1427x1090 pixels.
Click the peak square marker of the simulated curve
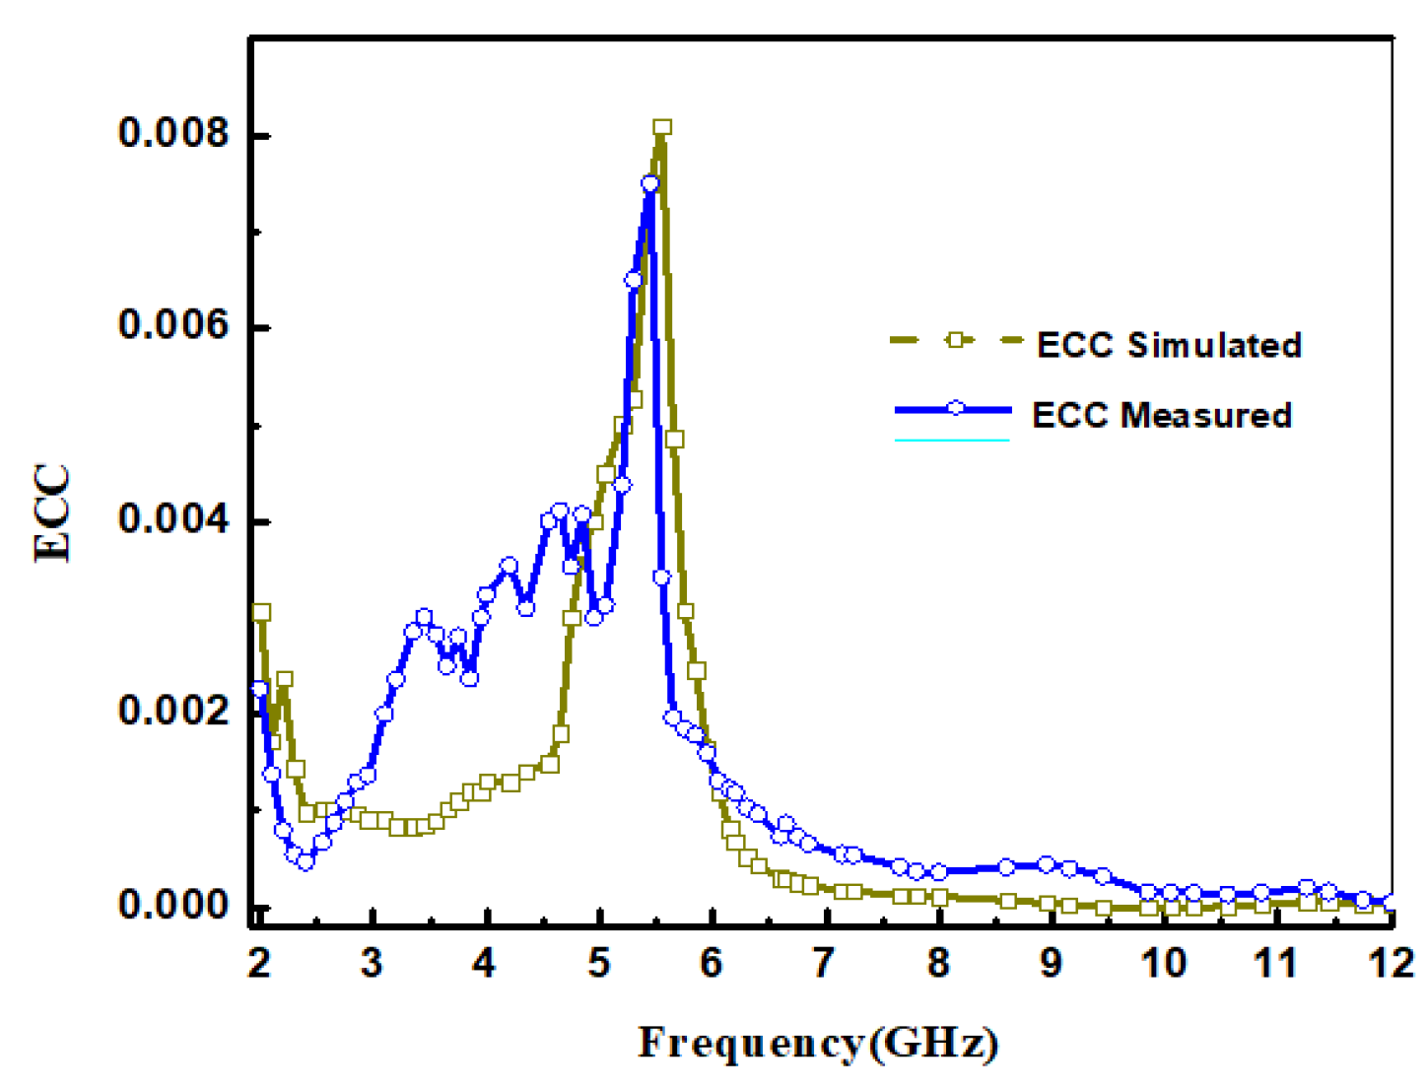point(662,127)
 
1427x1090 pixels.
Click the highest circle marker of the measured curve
point(649,183)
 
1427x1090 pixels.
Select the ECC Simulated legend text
point(1169,345)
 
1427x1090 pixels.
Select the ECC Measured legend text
point(1161,415)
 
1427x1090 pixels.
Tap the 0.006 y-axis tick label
point(173,325)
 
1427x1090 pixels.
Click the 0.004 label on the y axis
point(173,519)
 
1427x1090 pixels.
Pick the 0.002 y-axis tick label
point(173,711)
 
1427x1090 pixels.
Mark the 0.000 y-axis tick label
point(173,905)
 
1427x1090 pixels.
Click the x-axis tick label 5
point(598,963)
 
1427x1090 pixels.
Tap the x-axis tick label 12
point(1392,963)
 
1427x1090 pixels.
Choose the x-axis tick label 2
point(259,963)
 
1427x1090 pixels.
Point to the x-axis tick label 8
point(938,963)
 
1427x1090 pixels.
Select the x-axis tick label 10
point(1164,963)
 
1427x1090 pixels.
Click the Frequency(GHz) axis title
point(818,1043)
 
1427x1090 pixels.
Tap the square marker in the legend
point(954,340)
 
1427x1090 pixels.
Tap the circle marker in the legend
point(955,408)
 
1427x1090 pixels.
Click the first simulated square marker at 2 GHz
point(261,612)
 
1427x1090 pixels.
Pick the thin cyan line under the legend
point(952,440)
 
